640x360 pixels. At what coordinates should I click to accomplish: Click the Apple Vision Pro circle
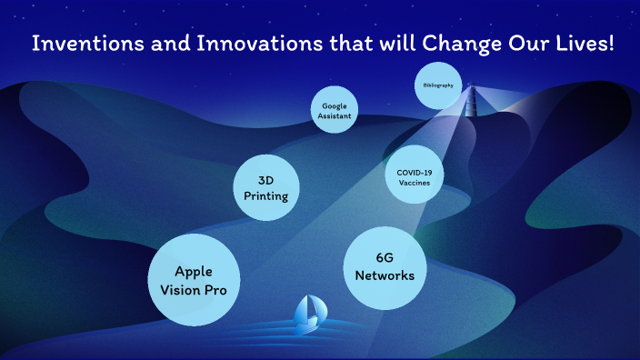(194, 278)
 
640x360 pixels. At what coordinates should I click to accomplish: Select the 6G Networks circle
(385, 265)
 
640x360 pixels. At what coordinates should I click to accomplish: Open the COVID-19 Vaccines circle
(414, 174)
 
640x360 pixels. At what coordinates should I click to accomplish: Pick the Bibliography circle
(437, 85)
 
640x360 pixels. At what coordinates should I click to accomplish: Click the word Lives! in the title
(582, 43)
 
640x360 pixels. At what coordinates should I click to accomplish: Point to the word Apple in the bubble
(194, 271)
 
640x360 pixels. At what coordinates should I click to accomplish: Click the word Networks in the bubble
(385, 275)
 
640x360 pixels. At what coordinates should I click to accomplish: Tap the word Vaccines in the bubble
(414, 182)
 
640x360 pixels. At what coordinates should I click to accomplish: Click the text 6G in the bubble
(385, 257)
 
